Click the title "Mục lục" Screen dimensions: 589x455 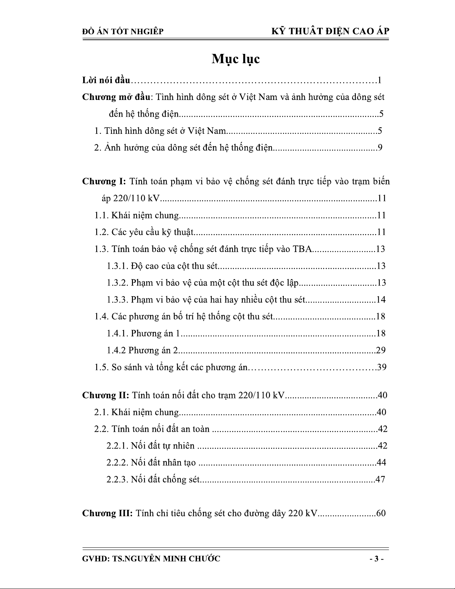(235, 59)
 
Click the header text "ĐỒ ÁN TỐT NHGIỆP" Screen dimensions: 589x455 (122, 32)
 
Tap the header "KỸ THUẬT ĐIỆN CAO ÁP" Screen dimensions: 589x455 (330, 31)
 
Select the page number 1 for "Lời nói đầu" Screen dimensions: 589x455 (379, 80)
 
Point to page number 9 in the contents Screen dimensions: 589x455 (380, 148)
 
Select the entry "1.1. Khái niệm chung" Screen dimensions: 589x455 (136, 216)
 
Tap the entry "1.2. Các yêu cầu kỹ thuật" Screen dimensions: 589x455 (144, 233)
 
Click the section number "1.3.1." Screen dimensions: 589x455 (117, 266)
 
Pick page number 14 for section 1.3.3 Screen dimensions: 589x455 (381, 300)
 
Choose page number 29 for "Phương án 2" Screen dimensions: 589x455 (381, 350)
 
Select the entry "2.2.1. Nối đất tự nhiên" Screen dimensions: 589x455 (150, 446)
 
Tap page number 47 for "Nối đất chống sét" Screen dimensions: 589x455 (380, 479)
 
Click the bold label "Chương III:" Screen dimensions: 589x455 (107, 514)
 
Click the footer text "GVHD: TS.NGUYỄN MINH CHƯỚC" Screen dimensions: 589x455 (151, 559)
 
